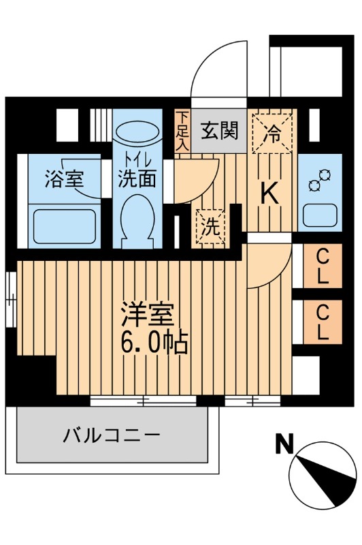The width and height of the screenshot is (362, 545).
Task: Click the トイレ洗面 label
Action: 138,170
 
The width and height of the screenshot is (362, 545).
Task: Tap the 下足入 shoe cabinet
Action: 183,131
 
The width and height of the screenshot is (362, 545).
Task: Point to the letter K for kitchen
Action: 270,194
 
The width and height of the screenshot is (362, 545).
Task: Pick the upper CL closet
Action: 323,267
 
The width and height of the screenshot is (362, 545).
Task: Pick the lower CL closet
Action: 323,322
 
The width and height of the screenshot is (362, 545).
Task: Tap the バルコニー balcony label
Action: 112,434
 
